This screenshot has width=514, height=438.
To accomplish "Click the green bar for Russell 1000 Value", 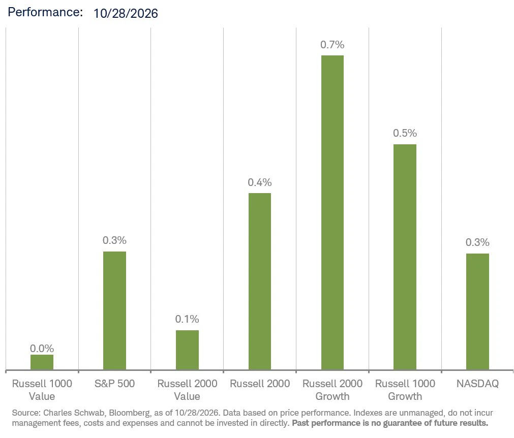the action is point(42,362).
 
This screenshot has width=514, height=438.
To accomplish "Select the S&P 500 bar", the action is point(114,310).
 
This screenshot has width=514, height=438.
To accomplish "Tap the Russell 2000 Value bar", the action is point(187,350).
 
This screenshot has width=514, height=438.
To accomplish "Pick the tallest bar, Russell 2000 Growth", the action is point(332,212).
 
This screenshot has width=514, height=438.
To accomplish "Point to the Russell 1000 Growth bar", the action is point(405,257).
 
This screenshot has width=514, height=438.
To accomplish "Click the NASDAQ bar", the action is point(477,311).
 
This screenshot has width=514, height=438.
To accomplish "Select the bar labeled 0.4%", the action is point(260,281).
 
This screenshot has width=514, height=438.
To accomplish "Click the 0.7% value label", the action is point(332,45).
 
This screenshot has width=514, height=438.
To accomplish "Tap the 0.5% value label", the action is point(405,133).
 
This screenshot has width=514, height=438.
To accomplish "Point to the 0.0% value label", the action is point(42,348).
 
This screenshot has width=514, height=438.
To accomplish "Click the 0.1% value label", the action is point(187,319).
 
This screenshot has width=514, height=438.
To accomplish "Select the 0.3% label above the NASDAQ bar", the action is point(477,242).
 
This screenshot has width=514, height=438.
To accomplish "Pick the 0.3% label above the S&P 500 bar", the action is point(114,240).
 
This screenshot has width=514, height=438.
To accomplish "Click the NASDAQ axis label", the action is point(477,383).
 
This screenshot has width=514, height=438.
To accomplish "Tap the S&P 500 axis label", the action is point(114,383).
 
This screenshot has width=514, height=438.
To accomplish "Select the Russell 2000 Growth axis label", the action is point(332,390).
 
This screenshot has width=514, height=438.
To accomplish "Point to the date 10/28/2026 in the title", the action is point(126,13).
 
